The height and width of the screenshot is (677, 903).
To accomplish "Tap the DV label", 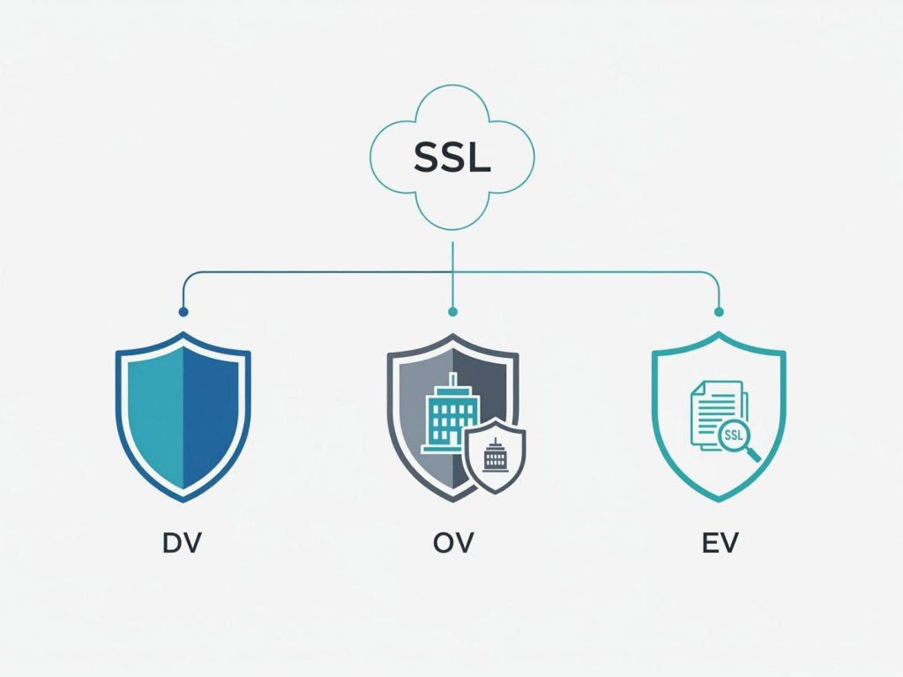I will tap(183, 542).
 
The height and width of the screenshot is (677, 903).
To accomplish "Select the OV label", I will tap(453, 542).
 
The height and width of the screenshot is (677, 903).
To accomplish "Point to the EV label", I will tap(719, 542).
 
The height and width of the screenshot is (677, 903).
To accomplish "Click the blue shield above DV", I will tap(183, 414).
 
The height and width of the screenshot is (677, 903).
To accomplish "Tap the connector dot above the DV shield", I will tap(183, 311).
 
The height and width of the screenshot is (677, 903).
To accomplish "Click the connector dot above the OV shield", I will tap(452, 311).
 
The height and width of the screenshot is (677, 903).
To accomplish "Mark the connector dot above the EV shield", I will tap(719, 311).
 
